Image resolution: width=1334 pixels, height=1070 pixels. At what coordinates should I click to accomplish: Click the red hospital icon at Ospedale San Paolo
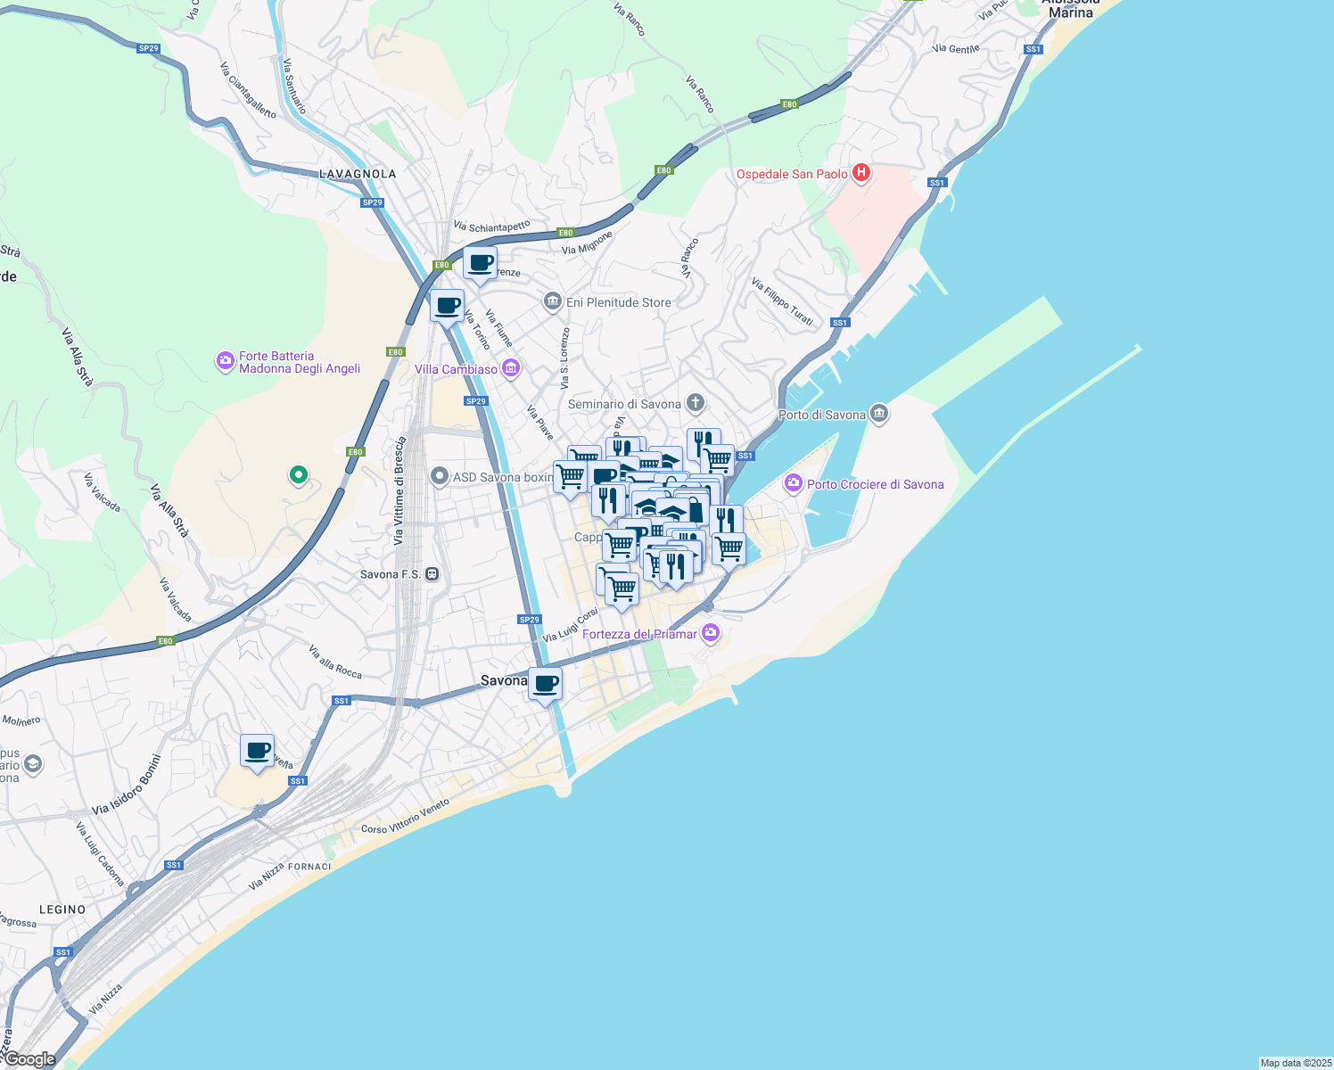click(861, 173)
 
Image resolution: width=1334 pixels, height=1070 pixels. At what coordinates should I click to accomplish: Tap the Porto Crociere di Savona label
click(875, 484)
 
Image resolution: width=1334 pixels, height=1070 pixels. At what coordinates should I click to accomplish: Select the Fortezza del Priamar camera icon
click(711, 633)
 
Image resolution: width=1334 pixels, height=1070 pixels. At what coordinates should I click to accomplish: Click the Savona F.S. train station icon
click(432, 574)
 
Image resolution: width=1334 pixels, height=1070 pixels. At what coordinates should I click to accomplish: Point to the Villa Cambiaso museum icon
click(511, 368)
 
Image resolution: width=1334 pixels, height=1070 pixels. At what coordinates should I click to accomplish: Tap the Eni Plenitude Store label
click(618, 302)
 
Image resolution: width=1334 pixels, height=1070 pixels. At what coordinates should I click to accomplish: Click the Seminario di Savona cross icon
click(696, 404)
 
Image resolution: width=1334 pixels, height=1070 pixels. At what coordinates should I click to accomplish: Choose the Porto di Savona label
click(821, 415)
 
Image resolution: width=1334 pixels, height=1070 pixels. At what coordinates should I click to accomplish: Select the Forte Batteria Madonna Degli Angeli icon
click(225, 361)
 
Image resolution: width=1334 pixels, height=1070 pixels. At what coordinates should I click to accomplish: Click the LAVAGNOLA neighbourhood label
click(358, 174)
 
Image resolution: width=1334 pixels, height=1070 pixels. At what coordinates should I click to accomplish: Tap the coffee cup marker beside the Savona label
click(545, 684)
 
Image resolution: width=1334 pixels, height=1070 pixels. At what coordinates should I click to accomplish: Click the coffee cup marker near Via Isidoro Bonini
click(257, 750)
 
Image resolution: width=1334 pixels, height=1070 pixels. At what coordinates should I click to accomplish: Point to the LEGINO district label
click(62, 909)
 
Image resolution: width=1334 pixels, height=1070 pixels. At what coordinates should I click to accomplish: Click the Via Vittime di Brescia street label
click(399, 490)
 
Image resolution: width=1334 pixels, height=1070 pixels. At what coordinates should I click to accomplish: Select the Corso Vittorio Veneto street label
click(405, 817)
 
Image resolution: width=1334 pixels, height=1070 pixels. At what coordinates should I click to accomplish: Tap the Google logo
click(29, 1059)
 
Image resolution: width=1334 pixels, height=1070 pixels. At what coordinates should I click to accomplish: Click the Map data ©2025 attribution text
click(1295, 1063)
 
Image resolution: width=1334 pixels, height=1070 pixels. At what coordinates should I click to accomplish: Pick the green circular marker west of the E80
click(299, 475)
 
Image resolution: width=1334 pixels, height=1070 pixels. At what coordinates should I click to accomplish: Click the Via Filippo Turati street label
click(782, 301)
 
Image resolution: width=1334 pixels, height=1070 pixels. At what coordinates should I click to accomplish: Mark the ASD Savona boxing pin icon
click(439, 477)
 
